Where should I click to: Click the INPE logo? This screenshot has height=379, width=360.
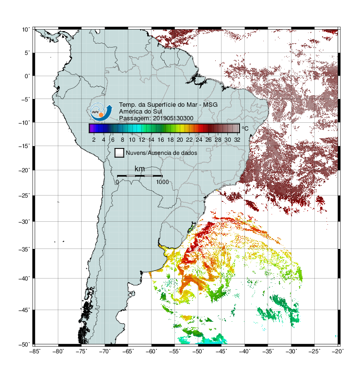click(x=101, y=112)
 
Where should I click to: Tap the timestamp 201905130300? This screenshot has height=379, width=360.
click(x=173, y=118)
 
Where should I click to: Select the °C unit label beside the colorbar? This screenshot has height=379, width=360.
click(x=245, y=128)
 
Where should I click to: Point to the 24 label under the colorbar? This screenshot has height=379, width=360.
click(x=199, y=140)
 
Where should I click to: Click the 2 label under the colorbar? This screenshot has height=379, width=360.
click(x=94, y=140)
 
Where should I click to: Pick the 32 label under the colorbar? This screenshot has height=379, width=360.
click(x=237, y=140)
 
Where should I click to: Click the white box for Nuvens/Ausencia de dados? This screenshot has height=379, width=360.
click(x=120, y=153)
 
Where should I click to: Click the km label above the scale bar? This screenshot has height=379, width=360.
click(x=139, y=168)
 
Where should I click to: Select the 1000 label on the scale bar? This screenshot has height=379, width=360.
click(x=162, y=182)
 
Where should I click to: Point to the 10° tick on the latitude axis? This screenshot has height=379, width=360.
click(x=26, y=30)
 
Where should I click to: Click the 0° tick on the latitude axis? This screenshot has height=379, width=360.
click(x=27, y=76)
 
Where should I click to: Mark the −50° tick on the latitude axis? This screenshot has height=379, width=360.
click(x=24, y=345)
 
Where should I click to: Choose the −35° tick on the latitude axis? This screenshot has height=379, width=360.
click(x=24, y=249)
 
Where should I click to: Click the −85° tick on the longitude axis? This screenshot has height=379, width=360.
click(x=34, y=351)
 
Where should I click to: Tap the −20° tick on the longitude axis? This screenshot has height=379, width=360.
click(x=338, y=351)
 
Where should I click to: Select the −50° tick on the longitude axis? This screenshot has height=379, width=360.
click(x=198, y=351)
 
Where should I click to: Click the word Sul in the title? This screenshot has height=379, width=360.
click(x=157, y=112)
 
